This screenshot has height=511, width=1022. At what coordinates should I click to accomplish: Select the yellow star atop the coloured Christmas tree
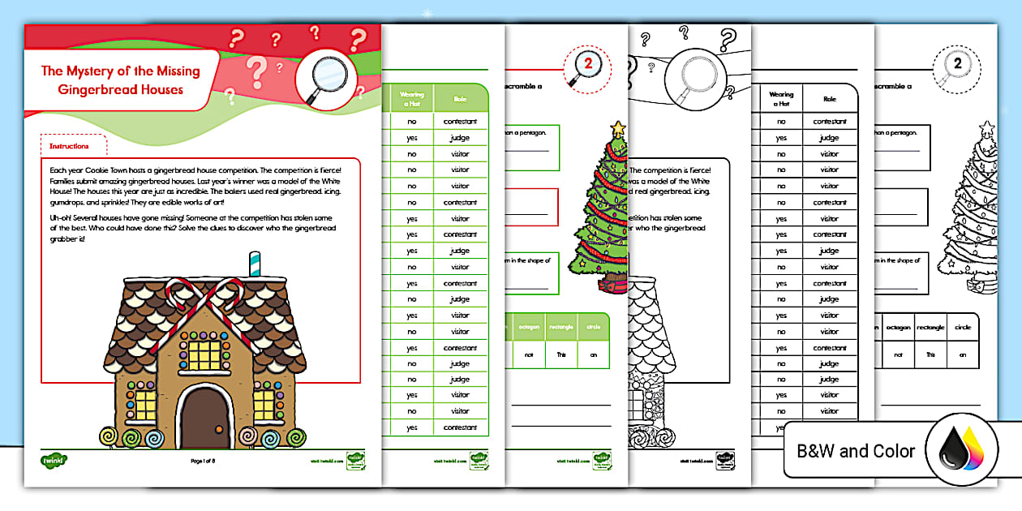click(x=619, y=127)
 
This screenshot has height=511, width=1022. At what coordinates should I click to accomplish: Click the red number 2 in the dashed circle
click(x=591, y=65)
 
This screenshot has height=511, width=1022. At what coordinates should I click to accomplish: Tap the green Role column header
click(x=460, y=98)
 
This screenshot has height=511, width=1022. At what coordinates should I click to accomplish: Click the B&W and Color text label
click(x=856, y=451)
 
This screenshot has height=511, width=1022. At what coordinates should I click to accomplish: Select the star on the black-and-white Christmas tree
click(x=986, y=127)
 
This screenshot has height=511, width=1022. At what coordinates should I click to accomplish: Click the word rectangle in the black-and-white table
click(x=930, y=328)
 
